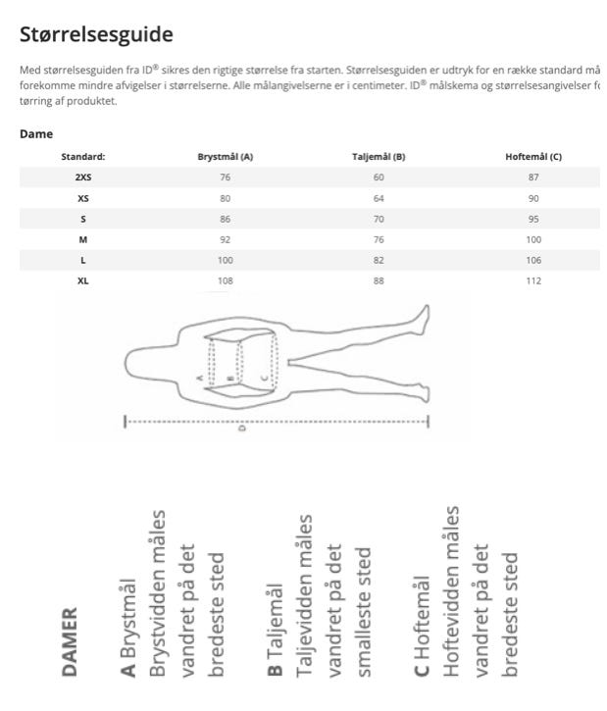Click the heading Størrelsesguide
point(96,35)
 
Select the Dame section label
point(36,134)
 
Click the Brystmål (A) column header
point(226,157)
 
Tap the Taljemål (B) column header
point(379,157)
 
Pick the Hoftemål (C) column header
point(533,157)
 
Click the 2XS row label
point(83,178)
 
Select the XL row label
point(83,281)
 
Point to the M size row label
point(83,240)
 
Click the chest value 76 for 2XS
point(226,178)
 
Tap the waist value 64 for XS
point(379,198)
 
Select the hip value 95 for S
point(533,220)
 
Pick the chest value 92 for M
point(226,240)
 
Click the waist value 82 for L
point(379,261)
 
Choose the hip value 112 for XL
point(533,281)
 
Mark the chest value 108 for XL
point(226,281)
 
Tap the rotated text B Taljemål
point(276,632)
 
